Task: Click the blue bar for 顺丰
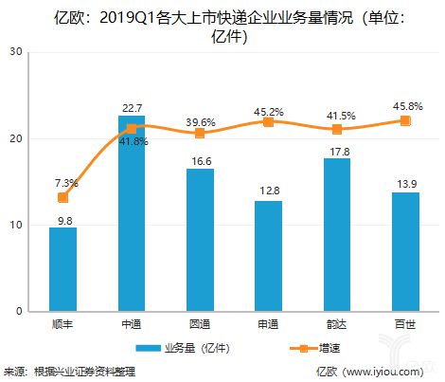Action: coord(63,269)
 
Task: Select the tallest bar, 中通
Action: coord(131,213)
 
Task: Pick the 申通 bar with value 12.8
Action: coord(267,256)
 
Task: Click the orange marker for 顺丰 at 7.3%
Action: coord(63,197)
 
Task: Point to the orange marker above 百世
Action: coord(404,120)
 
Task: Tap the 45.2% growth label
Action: coord(268,105)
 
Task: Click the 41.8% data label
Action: coord(132,141)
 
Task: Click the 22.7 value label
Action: coord(132,106)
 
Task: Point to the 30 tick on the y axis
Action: coord(18,52)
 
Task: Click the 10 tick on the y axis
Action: coord(18,225)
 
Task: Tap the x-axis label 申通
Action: coord(267,325)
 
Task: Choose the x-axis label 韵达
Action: coord(336,325)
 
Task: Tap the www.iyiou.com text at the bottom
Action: coord(388,372)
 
